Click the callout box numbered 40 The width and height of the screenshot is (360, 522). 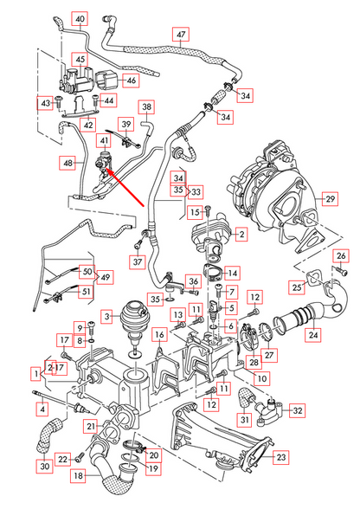[80, 18]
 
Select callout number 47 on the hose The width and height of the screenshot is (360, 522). [181, 35]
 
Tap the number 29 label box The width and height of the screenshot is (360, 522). [329, 200]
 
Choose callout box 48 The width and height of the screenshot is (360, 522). [67, 163]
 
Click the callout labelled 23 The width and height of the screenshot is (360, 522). [280, 455]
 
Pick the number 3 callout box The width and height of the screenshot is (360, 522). [107, 318]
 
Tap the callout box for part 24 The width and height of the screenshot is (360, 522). [313, 333]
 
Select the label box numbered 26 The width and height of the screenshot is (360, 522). [341, 255]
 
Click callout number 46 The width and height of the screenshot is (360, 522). [132, 81]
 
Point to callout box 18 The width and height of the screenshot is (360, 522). [79, 476]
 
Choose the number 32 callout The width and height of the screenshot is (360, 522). [296, 410]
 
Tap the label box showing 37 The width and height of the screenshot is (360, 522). [137, 261]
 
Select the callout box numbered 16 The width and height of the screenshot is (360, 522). [158, 334]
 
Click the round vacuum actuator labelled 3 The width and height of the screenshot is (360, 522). [136, 317]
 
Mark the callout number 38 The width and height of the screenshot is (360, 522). [147, 107]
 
